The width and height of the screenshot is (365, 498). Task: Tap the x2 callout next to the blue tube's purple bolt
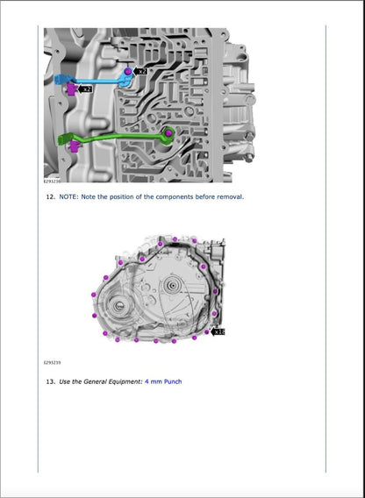pos(141,69)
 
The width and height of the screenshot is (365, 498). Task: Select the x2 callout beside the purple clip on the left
pos(85,89)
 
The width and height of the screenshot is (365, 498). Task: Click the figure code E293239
pos(53,361)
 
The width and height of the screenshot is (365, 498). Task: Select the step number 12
pos(50,197)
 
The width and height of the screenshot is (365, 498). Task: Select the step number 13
pos(50,381)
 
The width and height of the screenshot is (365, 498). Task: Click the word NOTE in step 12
pos(68,197)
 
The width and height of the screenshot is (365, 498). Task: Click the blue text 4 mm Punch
pos(163,381)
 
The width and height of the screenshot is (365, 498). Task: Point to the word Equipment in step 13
pos(121,381)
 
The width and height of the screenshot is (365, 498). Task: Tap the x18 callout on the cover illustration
pos(218,331)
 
